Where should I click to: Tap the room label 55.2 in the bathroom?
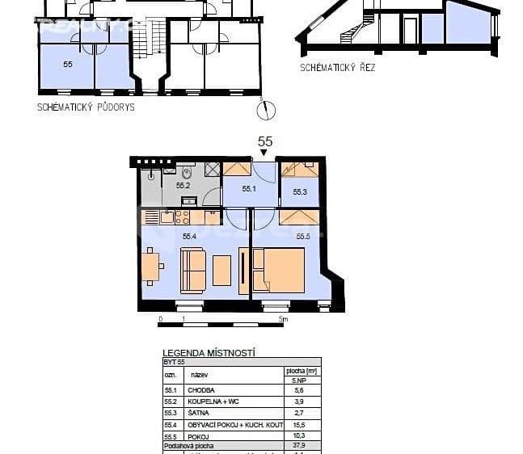[x=183, y=186]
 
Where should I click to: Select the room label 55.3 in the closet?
[x=300, y=192]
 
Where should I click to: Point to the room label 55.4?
[x=190, y=237]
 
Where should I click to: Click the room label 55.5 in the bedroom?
[x=303, y=237]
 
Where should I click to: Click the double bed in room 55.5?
[x=279, y=270]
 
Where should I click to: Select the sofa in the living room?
[x=193, y=270]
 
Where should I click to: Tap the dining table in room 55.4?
[x=150, y=267]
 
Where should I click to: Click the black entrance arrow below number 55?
[x=264, y=153]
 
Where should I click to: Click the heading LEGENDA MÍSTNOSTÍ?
[x=209, y=352]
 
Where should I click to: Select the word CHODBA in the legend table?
[x=200, y=389]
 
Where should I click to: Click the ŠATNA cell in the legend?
[x=198, y=413]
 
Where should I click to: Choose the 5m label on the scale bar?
[x=282, y=320]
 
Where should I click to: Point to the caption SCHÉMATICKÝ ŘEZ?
[x=337, y=68]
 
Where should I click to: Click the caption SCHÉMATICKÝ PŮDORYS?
[x=86, y=107]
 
